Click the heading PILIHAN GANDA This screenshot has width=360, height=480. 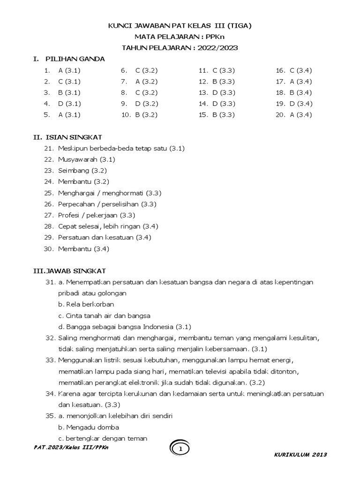point(75,59)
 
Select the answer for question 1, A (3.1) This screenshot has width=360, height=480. point(69,70)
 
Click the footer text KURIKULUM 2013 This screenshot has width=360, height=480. point(300,455)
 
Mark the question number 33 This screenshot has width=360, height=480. point(50,360)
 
